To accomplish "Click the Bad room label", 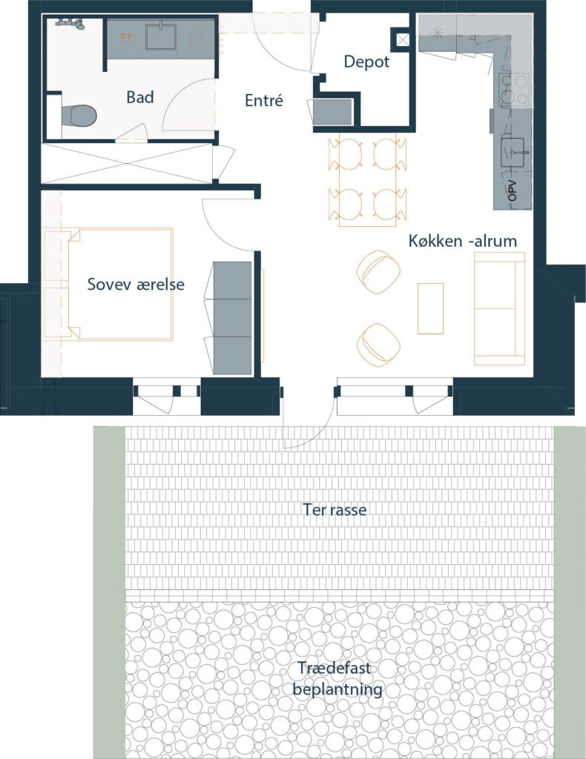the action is click(x=140, y=97).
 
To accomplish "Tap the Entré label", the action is click(x=263, y=100).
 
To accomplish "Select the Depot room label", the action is click(x=366, y=62).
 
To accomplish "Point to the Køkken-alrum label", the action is click(x=463, y=241).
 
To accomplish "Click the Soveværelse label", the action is click(x=136, y=284).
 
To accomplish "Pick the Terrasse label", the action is click(x=334, y=510).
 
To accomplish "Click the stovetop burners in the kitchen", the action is click(x=514, y=89).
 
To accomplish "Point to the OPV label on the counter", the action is click(x=513, y=190).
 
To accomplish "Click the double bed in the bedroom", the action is click(x=121, y=284).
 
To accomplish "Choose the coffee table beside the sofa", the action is click(x=430, y=309).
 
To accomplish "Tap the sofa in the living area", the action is click(x=499, y=308).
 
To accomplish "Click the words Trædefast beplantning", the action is click(x=337, y=678).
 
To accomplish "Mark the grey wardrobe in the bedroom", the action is click(x=232, y=318).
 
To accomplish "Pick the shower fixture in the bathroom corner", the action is click(x=70, y=23).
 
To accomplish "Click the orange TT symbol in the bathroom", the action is click(x=126, y=37).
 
